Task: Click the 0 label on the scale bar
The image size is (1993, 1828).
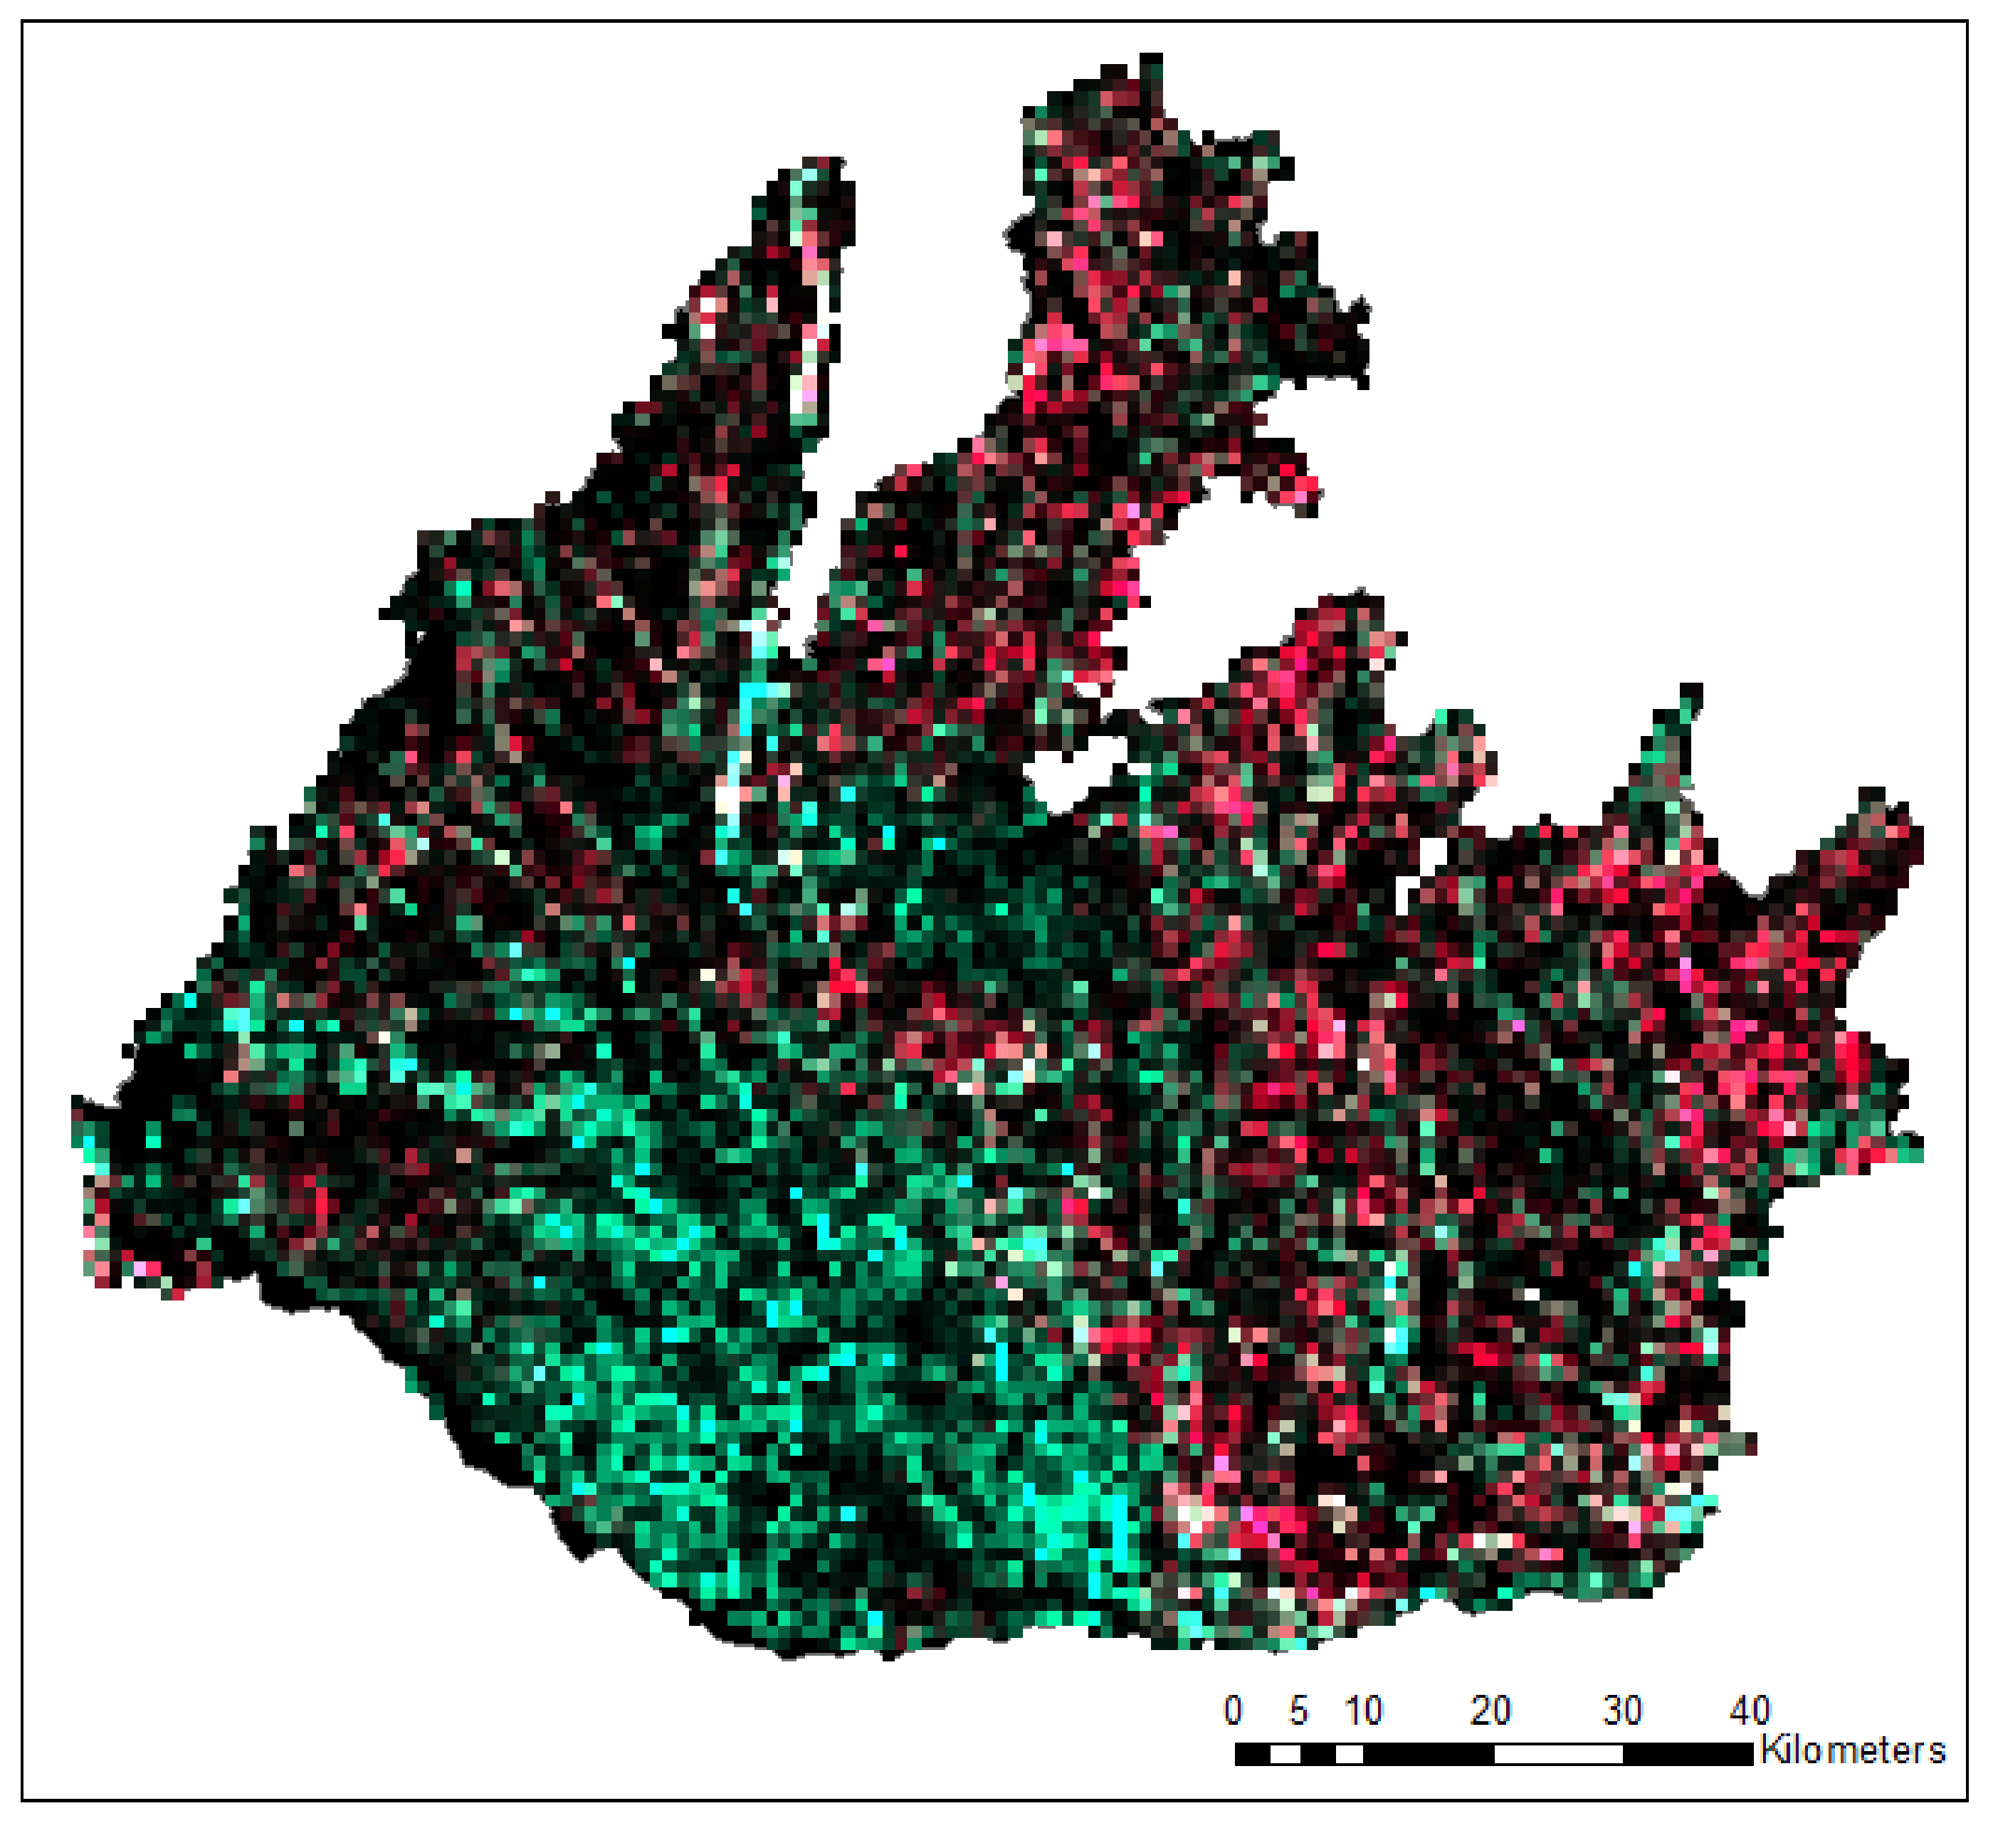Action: [1232, 1708]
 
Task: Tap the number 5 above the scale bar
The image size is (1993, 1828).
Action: [1298, 1708]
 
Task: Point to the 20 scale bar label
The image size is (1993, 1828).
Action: [1490, 1708]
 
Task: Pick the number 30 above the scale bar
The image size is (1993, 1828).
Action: [1622, 1708]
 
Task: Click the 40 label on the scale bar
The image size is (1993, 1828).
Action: [1749, 1708]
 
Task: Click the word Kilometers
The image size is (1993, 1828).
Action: [1853, 1750]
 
